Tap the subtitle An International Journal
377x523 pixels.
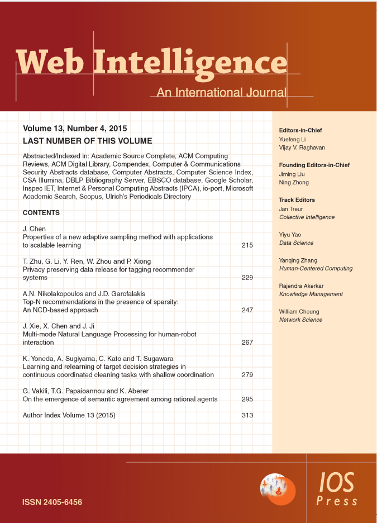click(x=221, y=93)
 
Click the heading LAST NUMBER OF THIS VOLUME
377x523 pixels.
click(x=87, y=141)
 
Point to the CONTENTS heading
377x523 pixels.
click(x=41, y=213)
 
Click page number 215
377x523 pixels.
click(x=247, y=245)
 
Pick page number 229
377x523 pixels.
click(x=247, y=278)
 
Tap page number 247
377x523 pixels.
click(x=247, y=310)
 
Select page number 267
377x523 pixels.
click(x=247, y=343)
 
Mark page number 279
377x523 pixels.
click(x=247, y=375)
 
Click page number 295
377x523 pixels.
click(x=247, y=400)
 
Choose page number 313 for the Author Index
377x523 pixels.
click(x=247, y=416)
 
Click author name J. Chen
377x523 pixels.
click(x=35, y=229)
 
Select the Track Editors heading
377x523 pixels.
click(x=297, y=199)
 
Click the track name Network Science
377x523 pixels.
click(x=300, y=320)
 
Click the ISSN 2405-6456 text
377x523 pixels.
click(x=52, y=502)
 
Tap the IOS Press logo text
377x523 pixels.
click(x=337, y=489)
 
